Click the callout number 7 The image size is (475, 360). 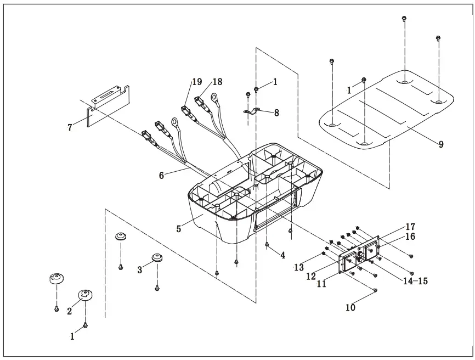click(70, 128)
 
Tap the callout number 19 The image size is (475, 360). click(196, 82)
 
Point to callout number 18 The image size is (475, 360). click(217, 82)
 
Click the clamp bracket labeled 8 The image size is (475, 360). click(252, 112)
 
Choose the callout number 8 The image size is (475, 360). click(276, 113)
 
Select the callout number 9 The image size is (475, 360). click(441, 144)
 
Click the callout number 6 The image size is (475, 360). click(161, 176)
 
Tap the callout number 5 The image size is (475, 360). click(179, 229)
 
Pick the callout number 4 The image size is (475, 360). click(283, 255)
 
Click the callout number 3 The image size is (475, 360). click(140, 269)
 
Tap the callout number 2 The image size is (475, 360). click(70, 311)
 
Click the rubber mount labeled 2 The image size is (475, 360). click(86, 295)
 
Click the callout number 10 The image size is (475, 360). click(350, 308)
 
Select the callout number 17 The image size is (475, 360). click(410, 227)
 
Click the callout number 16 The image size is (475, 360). click(410, 237)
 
